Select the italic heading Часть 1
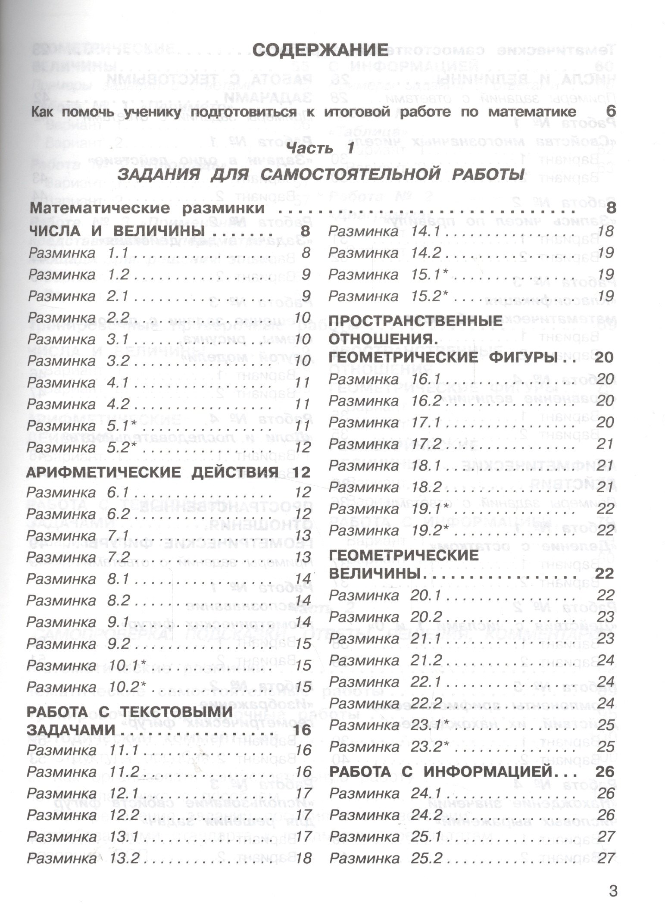(320, 149)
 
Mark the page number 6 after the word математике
(611, 112)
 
